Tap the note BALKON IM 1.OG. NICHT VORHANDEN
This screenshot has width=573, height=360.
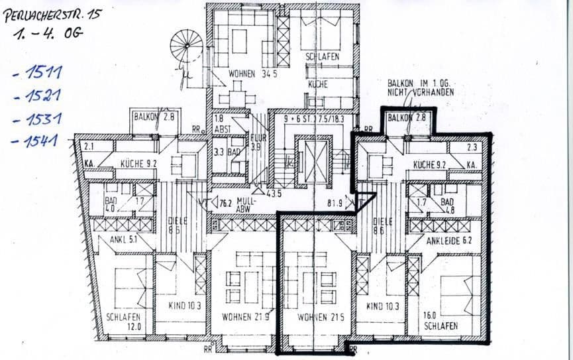tap(420, 88)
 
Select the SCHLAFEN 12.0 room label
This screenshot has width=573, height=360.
tap(123, 322)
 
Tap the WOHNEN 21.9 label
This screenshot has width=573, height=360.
tap(246, 316)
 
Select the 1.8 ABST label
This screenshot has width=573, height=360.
tap(221, 124)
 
